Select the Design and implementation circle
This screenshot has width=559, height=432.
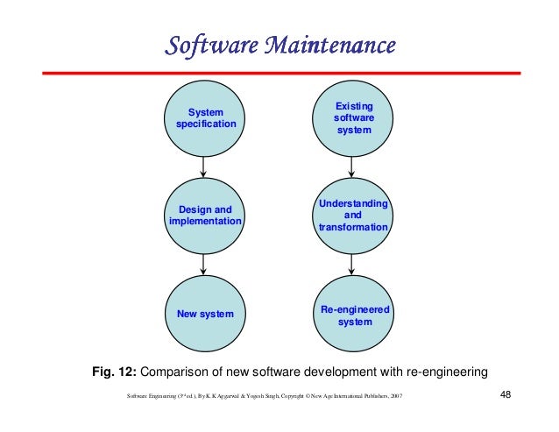(x=204, y=216)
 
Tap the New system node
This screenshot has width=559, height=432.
(x=204, y=314)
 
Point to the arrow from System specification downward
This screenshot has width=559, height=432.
(x=204, y=166)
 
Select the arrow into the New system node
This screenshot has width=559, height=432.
(x=204, y=264)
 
